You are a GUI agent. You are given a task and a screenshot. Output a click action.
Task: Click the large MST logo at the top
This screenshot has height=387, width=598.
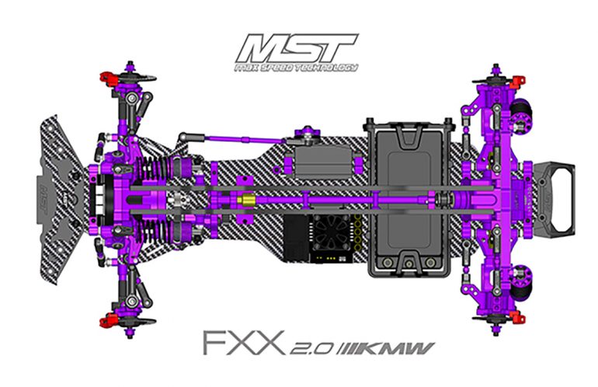coord(300,47)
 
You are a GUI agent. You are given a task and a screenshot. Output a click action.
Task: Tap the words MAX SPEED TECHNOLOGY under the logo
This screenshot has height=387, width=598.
coord(300,68)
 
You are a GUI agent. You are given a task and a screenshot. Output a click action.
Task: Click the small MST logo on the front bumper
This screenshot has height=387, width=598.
coord(43,186)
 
